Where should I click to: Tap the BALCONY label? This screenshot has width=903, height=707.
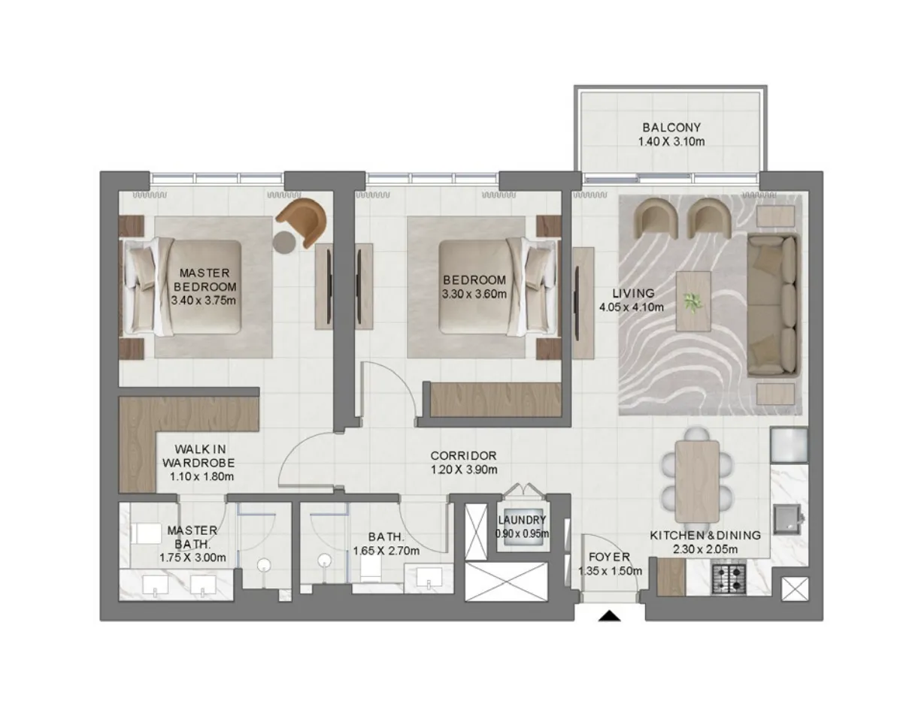coord(671,128)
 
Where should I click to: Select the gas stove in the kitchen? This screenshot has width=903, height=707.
coord(729,578)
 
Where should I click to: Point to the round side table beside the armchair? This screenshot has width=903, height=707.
coord(285,242)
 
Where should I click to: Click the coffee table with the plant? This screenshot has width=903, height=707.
coord(693,301)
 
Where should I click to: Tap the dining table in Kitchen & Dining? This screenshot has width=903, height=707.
coord(697,482)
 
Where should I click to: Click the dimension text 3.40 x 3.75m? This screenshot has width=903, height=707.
coord(203,300)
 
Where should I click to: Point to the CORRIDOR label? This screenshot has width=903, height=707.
coord(463,455)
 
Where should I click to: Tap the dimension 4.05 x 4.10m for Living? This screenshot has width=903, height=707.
coord(632,307)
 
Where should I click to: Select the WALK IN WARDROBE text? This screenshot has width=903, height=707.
coord(199,455)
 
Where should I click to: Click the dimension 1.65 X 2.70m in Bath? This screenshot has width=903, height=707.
coord(386,551)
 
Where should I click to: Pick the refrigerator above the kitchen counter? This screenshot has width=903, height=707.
coord(789,445)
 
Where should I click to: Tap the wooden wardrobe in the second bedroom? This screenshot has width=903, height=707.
coord(495,400)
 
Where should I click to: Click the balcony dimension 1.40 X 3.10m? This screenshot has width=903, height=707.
coord(671,141)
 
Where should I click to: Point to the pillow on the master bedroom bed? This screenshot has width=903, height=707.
coord(141,287)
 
